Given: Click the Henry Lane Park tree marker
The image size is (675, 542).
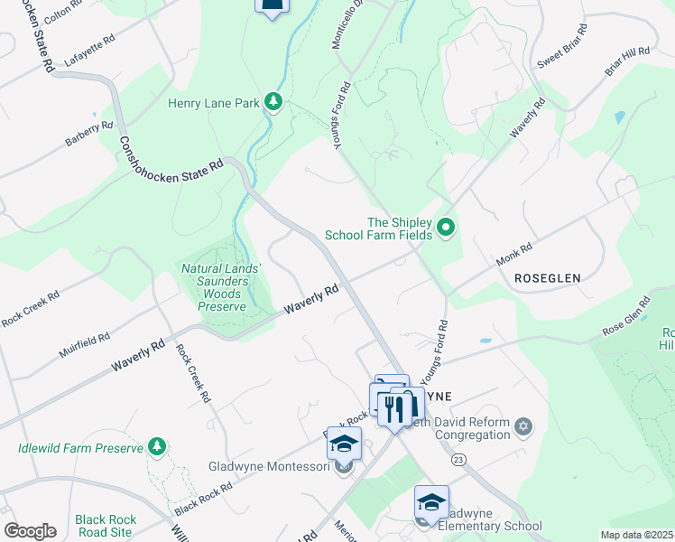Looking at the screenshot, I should pyautogui.click(x=273, y=103).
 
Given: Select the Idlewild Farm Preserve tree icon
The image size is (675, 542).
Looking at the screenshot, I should pyautogui.click(x=157, y=447).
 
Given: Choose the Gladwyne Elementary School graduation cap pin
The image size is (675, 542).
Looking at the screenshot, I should pyautogui.click(x=431, y=503).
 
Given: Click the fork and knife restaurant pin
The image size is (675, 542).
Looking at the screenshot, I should pyautogui.click(x=394, y=407).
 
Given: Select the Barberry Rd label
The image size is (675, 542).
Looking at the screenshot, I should pyautogui.click(x=88, y=135).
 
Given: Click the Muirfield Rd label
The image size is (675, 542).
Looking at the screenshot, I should pyautogui.click(x=85, y=344).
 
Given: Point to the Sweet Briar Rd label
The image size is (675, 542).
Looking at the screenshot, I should pyautogui.click(x=562, y=46).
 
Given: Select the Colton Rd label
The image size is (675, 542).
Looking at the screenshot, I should pyautogui.click(x=63, y=12).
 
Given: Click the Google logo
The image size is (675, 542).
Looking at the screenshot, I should pyautogui.click(x=30, y=531).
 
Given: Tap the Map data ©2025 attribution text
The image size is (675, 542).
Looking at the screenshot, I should pyautogui.click(x=636, y=535).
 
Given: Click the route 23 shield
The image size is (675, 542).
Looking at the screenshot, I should pyautogui.click(x=458, y=460).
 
